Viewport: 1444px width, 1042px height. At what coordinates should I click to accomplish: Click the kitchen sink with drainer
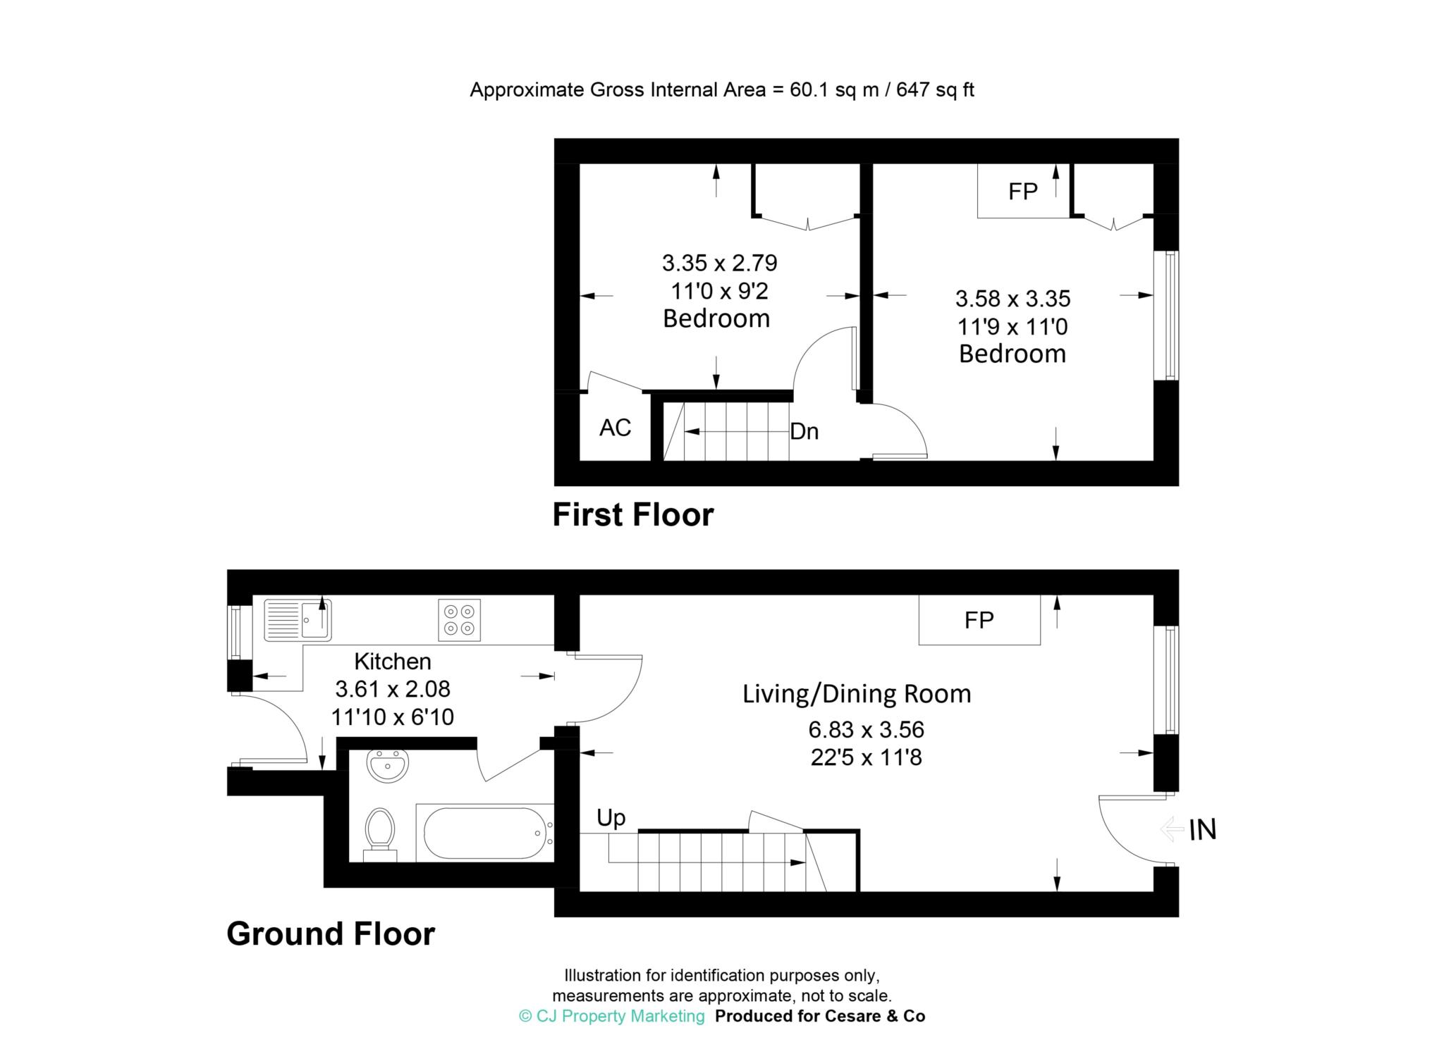point(298,620)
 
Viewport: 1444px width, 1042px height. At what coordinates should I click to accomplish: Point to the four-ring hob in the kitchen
point(459,620)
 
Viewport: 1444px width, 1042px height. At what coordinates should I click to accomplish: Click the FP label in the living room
point(979,620)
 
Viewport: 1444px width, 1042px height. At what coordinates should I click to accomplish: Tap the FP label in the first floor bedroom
point(1022,191)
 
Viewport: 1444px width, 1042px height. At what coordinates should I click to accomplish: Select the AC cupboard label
point(615,428)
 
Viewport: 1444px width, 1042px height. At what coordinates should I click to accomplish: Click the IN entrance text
point(1203,830)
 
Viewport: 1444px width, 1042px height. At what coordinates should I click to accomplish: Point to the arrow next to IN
point(1172,829)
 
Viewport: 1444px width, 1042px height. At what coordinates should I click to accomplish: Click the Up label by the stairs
point(611,818)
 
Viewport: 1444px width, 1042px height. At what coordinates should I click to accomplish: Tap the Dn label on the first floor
point(804,431)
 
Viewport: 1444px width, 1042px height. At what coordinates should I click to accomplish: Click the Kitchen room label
point(393,662)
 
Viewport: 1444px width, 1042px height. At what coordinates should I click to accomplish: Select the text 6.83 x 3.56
point(867,729)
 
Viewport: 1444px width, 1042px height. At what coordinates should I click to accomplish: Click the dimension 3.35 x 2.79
point(719,263)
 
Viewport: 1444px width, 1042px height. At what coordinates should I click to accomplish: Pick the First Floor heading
point(632,515)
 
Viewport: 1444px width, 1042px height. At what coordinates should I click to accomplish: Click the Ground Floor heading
point(331,934)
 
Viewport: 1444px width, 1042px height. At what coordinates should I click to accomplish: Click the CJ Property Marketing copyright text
point(611,1016)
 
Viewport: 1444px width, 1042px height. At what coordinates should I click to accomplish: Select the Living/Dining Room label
point(857,694)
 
